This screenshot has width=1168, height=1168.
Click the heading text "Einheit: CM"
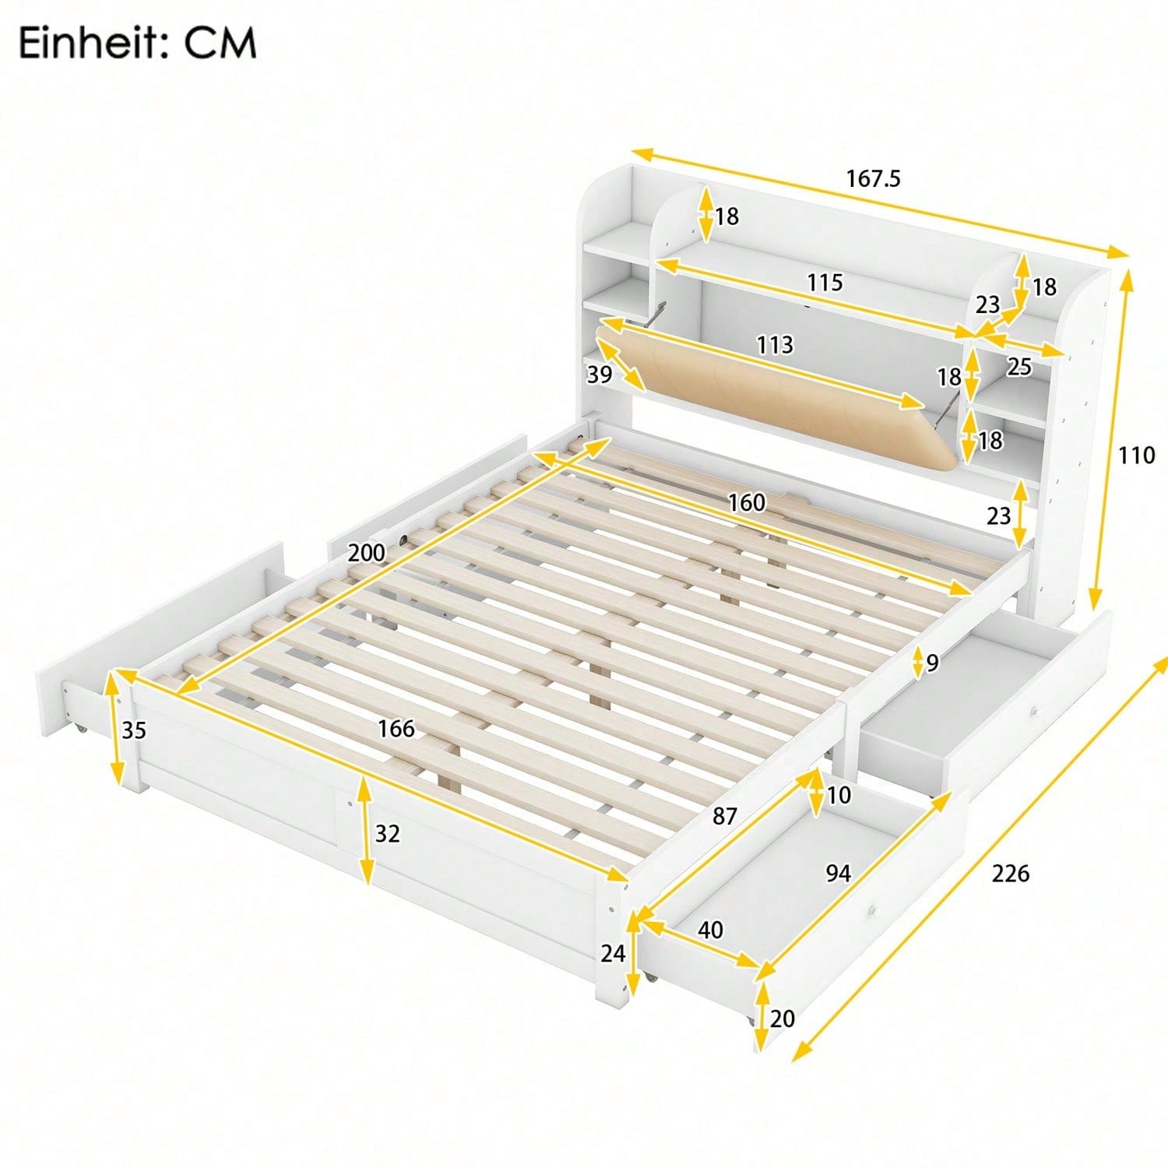137,43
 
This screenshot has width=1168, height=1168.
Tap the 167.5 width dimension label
873,179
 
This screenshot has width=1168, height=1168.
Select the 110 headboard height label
1136,455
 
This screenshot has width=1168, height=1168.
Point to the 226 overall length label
1010,874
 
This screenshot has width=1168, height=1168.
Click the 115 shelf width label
825,282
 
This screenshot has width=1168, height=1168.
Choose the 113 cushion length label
775,344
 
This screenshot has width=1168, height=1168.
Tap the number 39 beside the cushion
599,375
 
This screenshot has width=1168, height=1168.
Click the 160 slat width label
746,503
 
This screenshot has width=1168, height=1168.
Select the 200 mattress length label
366,553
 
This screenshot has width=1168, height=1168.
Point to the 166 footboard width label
396,729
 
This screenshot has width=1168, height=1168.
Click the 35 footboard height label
134,730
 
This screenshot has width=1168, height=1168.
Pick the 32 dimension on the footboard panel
387,834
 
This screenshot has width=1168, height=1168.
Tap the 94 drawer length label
838,874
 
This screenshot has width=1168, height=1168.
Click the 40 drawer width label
710,930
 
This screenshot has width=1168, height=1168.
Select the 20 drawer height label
782,1018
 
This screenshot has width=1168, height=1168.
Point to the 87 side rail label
724,816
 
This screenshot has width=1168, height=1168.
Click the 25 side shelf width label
1018,367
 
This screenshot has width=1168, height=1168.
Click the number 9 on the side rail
932,663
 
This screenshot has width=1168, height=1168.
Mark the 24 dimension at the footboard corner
613,953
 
